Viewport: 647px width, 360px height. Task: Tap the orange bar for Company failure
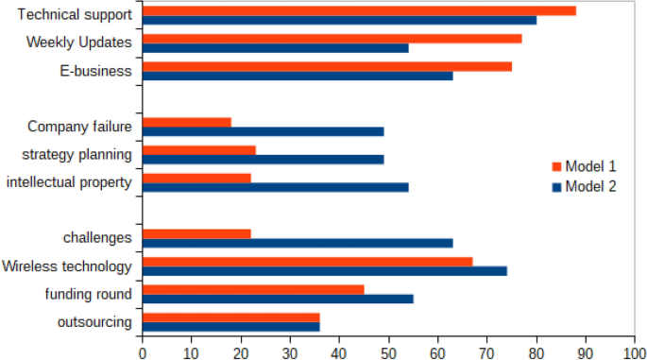(187, 122)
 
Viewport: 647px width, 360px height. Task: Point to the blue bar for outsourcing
(231, 326)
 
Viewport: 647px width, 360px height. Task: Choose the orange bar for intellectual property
(196, 178)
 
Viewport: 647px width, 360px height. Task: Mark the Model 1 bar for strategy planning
(199, 149)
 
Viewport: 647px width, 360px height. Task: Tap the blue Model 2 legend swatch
(556, 187)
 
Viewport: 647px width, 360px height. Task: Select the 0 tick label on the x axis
(143, 351)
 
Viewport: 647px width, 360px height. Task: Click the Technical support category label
(75, 15)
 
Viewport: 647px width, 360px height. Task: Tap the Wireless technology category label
(67, 266)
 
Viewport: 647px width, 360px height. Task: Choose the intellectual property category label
(68, 181)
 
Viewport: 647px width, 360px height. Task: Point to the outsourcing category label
(94, 322)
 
